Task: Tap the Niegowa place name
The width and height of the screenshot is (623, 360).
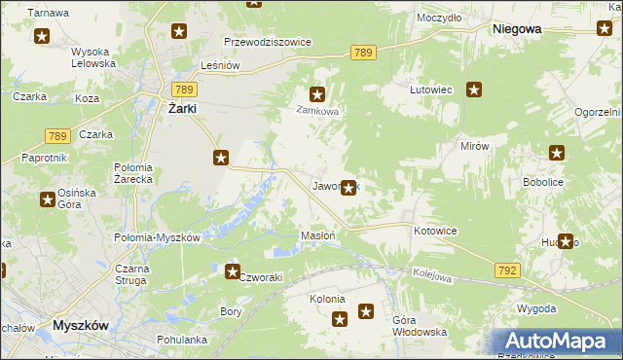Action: (x=517, y=29)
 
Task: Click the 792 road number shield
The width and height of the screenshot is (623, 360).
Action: (x=505, y=270)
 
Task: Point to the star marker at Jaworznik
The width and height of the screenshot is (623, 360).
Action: (x=348, y=188)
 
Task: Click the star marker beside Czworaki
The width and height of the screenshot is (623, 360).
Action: (x=233, y=271)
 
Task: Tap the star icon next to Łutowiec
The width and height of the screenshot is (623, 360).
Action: (x=474, y=90)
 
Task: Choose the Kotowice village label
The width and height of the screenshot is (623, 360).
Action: (x=435, y=231)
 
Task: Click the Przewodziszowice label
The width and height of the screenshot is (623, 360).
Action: (x=267, y=43)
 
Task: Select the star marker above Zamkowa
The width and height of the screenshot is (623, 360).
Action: (x=316, y=94)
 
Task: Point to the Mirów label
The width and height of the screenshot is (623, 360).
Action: (x=474, y=145)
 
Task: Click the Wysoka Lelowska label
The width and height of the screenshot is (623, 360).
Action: (x=93, y=57)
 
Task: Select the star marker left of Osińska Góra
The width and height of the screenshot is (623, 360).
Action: (x=47, y=199)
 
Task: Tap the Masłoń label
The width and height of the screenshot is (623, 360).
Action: (x=318, y=235)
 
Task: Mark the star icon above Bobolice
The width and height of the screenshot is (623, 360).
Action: (x=557, y=153)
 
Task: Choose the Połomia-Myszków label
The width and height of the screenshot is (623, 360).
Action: (x=157, y=238)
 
